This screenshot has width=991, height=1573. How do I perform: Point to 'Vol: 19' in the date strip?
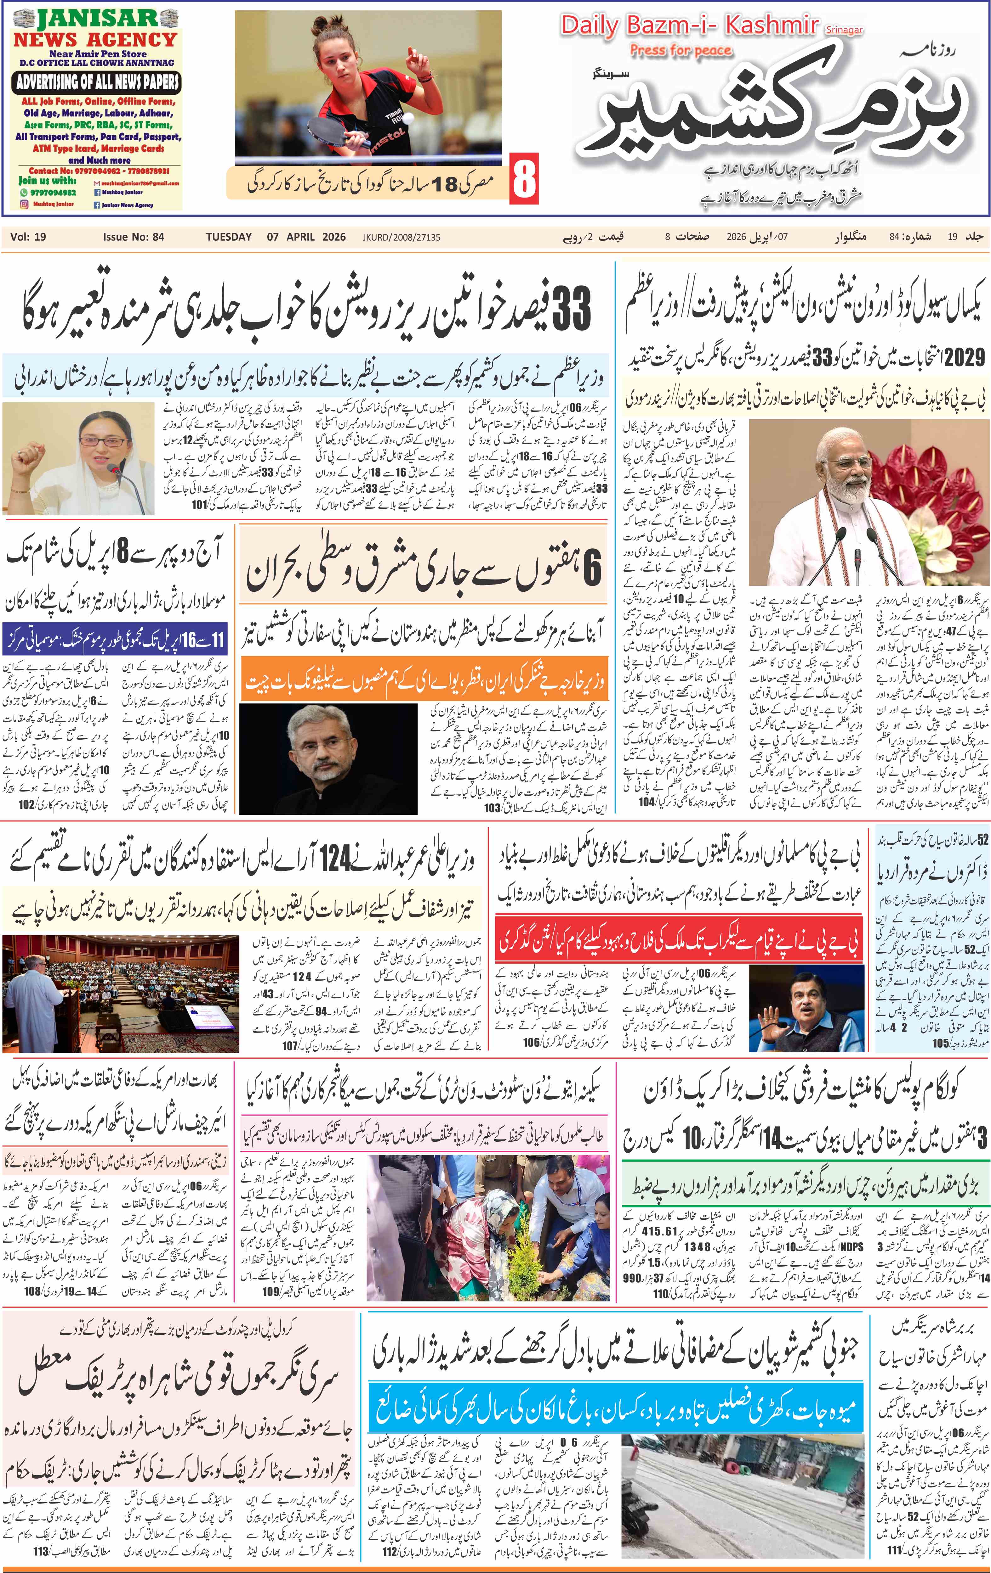tap(28, 237)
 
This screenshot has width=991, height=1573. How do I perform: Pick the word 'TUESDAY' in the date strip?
tap(229, 237)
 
